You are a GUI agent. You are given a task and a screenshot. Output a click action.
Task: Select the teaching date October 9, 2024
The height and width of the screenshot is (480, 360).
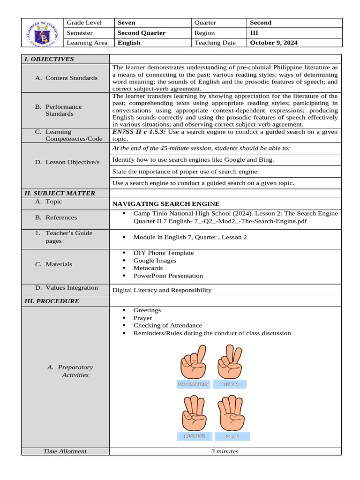click(x=274, y=43)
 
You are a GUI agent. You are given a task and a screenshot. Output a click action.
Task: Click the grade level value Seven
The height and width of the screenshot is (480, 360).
click(x=126, y=22)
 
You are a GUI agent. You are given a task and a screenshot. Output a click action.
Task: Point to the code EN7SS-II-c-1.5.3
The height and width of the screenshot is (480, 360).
click(x=139, y=132)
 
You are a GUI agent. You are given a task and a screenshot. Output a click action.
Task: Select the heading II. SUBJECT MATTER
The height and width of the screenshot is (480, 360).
click(x=60, y=193)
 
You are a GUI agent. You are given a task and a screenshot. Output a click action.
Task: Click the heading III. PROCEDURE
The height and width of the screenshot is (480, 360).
click(x=52, y=301)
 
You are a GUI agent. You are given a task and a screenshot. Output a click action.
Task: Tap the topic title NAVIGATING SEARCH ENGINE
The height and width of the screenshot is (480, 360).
click(x=166, y=204)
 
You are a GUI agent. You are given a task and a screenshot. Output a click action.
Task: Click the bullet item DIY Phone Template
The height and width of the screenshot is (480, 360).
click(x=163, y=253)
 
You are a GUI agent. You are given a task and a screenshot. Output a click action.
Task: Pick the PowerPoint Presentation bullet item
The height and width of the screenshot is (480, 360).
click(x=168, y=276)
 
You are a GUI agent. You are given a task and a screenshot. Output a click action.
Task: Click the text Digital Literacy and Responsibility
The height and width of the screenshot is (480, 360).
click(x=162, y=290)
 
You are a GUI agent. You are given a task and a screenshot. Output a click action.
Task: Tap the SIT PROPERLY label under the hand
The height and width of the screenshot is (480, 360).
click(x=193, y=384)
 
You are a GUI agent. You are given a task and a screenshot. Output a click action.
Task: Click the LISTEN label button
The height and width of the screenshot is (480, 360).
click(x=230, y=384)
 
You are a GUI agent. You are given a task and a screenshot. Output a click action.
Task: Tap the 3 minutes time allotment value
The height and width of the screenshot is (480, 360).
click(x=225, y=451)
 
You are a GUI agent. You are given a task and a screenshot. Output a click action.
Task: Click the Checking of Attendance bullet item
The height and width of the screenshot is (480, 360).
click(x=167, y=325)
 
